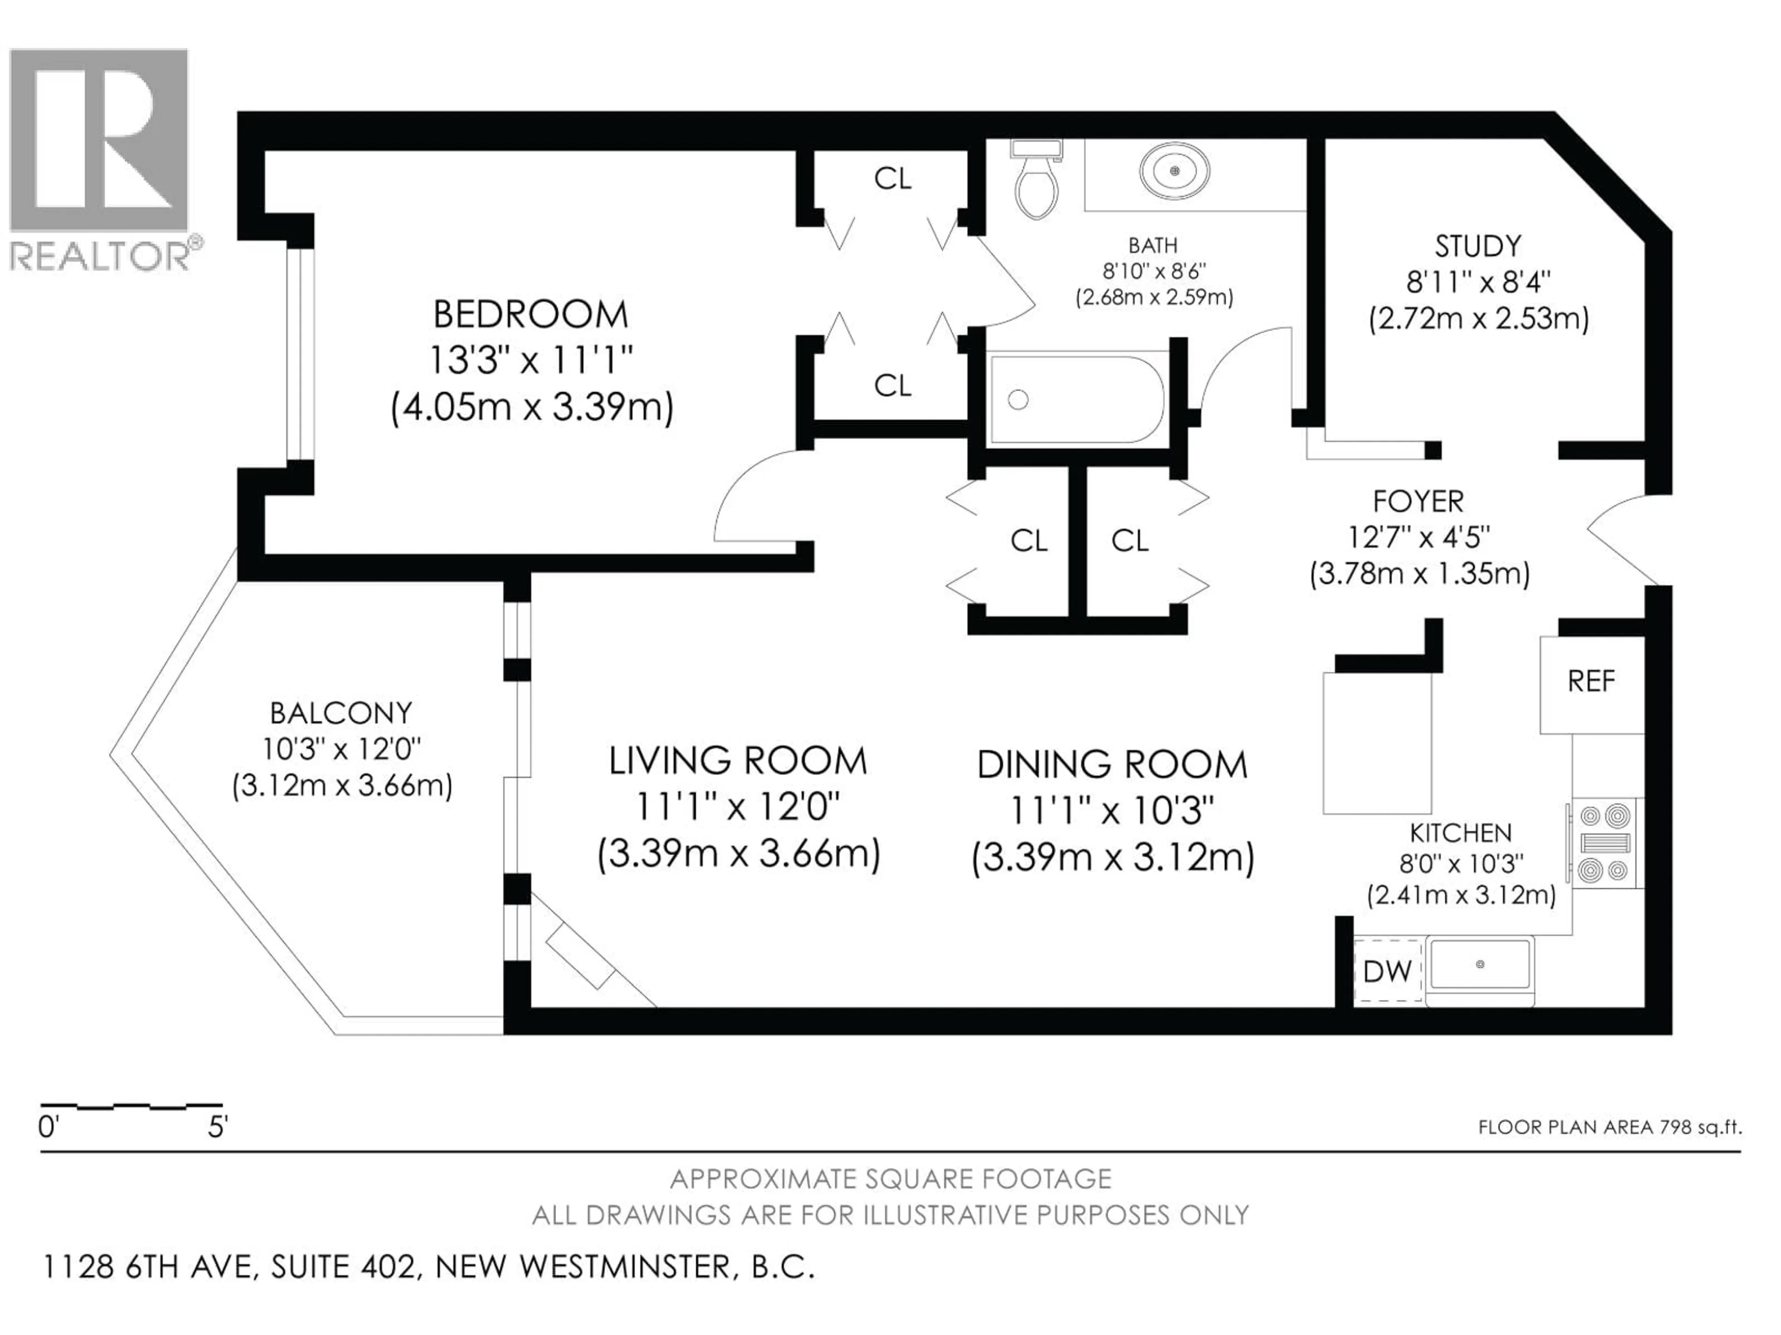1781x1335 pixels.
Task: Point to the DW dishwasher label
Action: point(1386,972)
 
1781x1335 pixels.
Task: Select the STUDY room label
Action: point(1478,245)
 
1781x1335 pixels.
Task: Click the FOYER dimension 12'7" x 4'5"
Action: point(1419,537)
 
